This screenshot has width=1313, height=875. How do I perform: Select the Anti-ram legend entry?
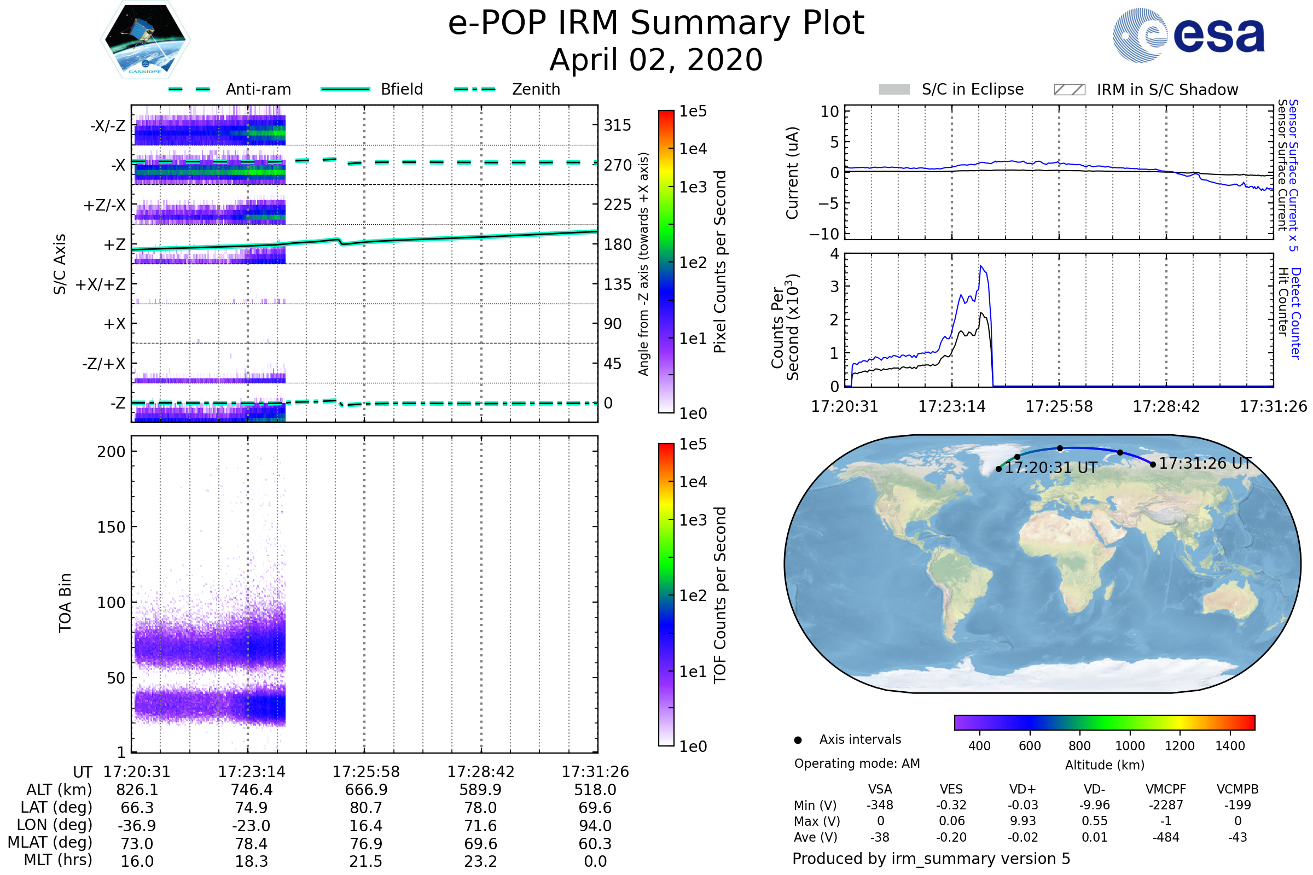coord(258,89)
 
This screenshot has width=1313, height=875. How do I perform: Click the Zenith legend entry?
coord(536,89)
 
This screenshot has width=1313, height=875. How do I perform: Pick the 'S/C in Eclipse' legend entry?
coord(972,90)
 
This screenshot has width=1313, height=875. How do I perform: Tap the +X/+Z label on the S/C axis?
coord(101,284)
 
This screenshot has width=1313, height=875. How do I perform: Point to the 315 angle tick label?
coord(617,125)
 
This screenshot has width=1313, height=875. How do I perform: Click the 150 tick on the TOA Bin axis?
coord(111,527)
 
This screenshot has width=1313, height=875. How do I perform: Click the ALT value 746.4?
coord(251,790)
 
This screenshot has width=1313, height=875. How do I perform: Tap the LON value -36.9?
coord(137,826)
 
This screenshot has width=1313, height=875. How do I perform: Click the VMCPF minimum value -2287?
coord(1166,805)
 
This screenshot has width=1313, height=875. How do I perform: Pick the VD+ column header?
coord(1022,790)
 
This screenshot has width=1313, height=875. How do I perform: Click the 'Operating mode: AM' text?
coord(857,763)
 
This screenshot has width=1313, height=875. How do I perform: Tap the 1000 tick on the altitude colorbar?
coord(1130,746)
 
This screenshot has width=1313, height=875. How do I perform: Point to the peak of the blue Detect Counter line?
coord(981,266)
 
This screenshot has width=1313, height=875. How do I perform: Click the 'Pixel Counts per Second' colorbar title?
coord(720,262)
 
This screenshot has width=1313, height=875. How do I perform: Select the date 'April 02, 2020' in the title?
coord(656,60)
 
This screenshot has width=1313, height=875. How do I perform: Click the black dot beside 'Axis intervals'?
coord(798,740)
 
